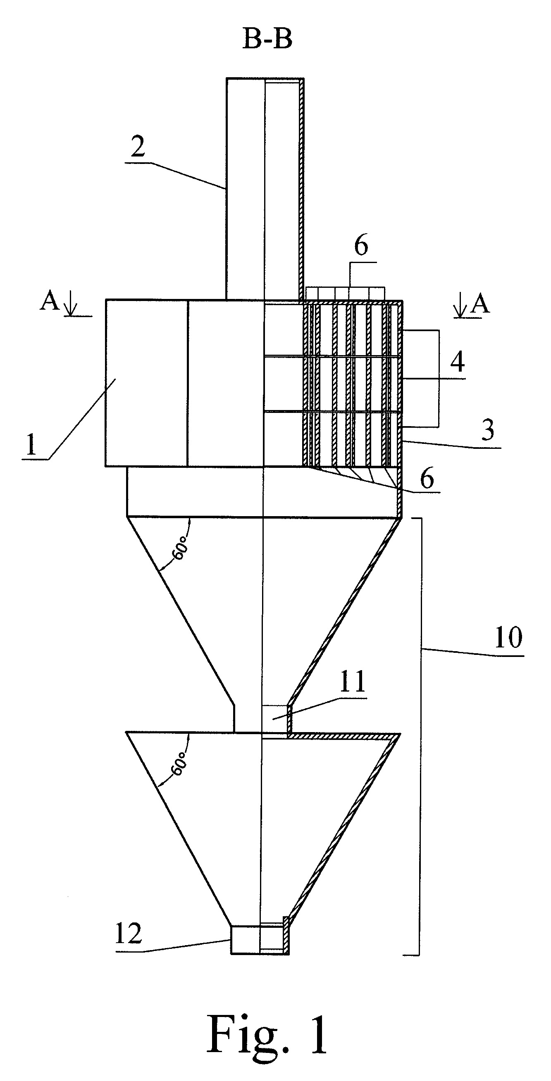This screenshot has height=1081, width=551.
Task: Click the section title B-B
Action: (267, 40)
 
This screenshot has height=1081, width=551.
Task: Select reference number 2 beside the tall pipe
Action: (138, 147)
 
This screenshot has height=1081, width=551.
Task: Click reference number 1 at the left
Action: (31, 446)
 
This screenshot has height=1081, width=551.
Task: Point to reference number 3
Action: (487, 430)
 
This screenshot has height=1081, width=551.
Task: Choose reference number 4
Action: (457, 361)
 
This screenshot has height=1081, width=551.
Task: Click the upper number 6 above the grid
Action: (361, 246)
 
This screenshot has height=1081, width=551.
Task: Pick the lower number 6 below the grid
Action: (427, 479)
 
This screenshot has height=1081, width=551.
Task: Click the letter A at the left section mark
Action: (50, 301)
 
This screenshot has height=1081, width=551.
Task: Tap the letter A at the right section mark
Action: (480, 304)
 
